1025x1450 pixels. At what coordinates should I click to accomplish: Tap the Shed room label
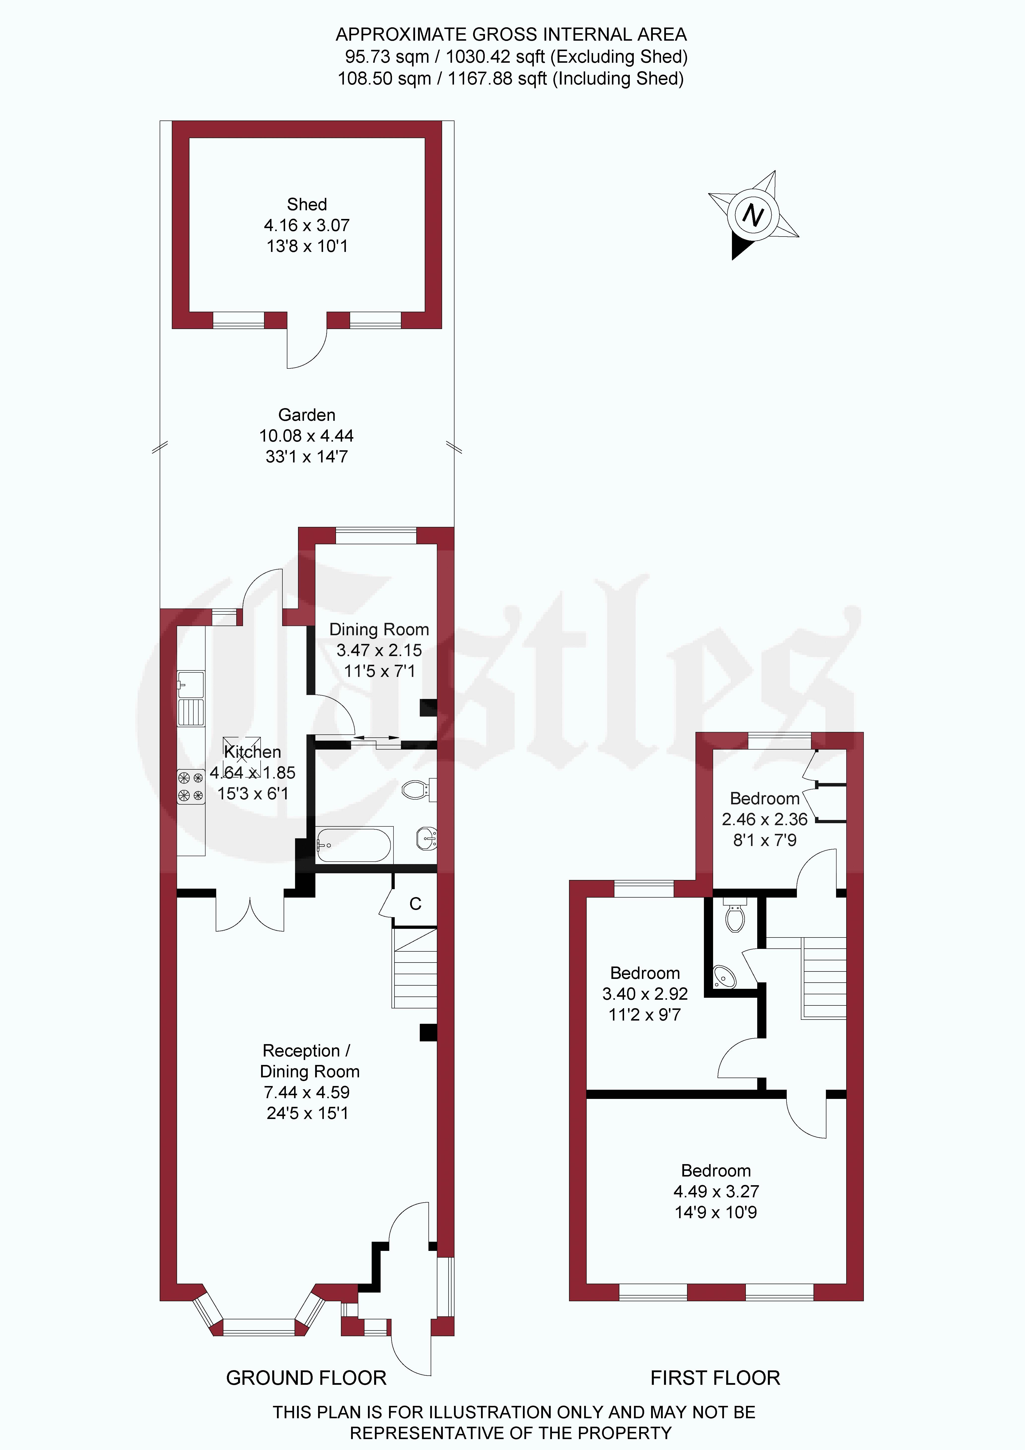tap(307, 205)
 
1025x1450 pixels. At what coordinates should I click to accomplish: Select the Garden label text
tap(307, 415)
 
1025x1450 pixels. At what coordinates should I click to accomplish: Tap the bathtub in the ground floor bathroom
tap(354, 844)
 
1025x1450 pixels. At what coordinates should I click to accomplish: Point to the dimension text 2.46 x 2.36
tap(765, 819)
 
